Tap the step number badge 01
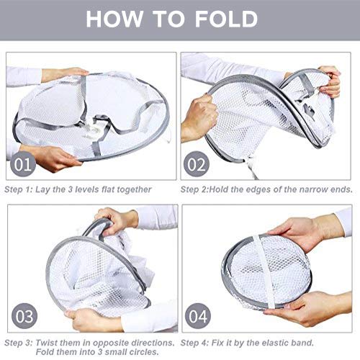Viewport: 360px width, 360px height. coord(23,165)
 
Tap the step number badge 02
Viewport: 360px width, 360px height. coord(196,165)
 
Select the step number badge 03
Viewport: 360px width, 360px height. coord(23,317)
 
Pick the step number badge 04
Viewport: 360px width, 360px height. coord(196,317)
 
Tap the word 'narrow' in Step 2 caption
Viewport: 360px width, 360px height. coord(302,189)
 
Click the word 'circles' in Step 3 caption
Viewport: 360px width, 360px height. coord(148,353)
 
